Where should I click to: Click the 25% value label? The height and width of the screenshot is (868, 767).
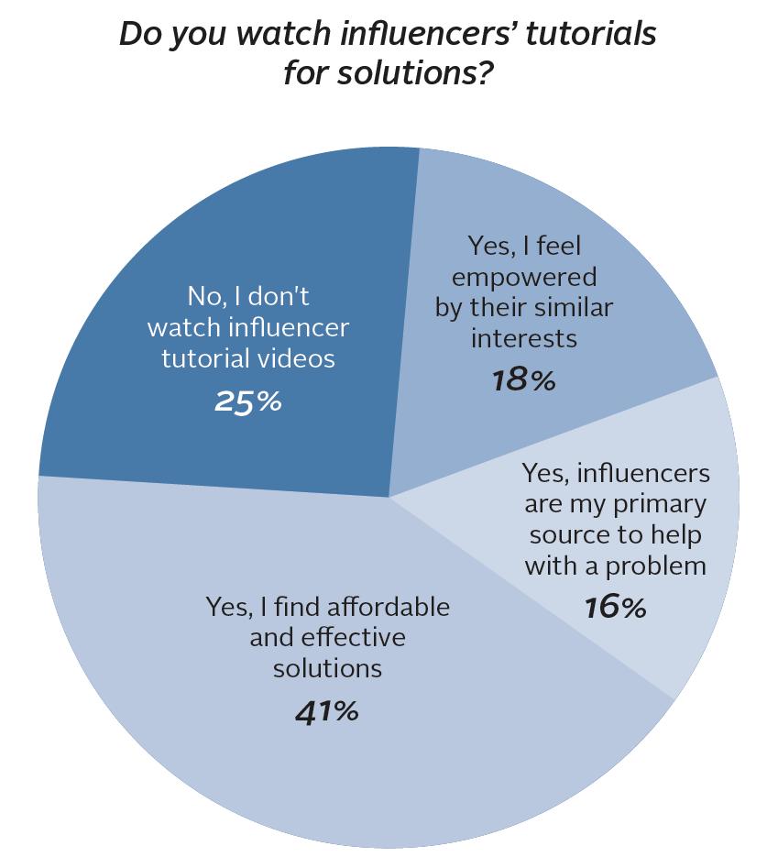click(x=247, y=401)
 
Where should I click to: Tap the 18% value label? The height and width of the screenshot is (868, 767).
click(x=523, y=379)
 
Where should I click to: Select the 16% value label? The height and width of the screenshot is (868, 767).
click(x=615, y=606)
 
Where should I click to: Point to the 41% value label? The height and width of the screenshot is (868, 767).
click(x=326, y=710)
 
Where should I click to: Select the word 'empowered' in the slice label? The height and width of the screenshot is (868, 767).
click(x=524, y=276)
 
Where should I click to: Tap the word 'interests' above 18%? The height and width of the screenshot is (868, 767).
click(x=524, y=337)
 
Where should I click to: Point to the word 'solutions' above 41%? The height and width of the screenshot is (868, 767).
click(x=327, y=667)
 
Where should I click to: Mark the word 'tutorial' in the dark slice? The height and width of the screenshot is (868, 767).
click(x=198, y=357)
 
